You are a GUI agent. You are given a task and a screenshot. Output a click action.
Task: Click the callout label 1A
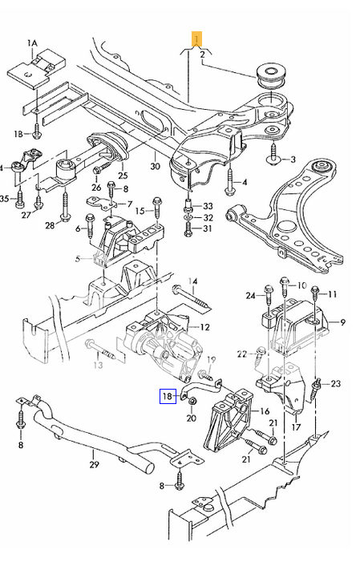(x=33, y=42)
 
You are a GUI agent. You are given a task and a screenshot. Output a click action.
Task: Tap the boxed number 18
(x=167, y=394)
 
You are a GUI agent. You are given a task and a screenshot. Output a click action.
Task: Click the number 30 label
(x=155, y=168)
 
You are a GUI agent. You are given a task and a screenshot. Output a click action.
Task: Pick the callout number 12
(x=205, y=326)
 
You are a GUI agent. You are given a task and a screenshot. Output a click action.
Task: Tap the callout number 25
(x=123, y=175)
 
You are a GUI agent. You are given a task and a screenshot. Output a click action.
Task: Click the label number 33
(x=208, y=205)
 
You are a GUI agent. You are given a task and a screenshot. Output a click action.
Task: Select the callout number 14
(x=192, y=281)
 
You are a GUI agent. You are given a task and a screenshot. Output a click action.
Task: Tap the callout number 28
(x=50, y=225)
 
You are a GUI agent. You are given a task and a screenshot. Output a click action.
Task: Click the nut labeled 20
(x=192, y=401)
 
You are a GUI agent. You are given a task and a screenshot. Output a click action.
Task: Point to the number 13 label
(x=97, y=366)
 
